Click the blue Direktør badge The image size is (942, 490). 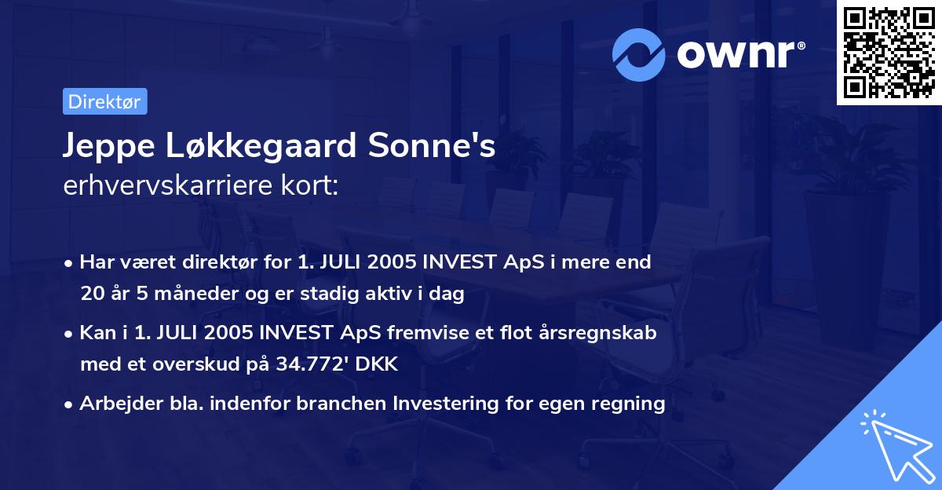point(104,101)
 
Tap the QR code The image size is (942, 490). point(889,53)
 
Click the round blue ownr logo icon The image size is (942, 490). point(639,54)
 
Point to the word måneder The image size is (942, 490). point(180,294)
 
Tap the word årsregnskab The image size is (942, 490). point(596,333)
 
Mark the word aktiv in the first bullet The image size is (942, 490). point(413,294)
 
